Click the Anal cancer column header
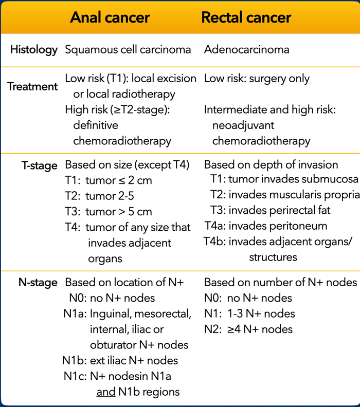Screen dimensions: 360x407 tap(110, 17)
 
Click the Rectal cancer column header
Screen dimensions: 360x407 tap(246, 17)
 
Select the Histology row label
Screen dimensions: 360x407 tap(34, 50)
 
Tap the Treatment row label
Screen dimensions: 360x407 tap(32, 86)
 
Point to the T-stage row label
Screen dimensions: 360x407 tap(40, 165)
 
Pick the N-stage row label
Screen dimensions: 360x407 tap(38, 283)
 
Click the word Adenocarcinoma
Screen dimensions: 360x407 tap(246, 49)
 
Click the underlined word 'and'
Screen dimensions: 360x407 tap(106, 392)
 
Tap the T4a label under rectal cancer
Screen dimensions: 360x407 tap(215, 226)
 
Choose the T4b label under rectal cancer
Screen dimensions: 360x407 tap(215, 242)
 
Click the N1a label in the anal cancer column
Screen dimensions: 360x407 tap(75, 313)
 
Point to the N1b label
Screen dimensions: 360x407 tap(74, 361)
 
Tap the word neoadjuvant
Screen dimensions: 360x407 tap(243, 125)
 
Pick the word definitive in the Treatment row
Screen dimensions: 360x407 tap(96, 125)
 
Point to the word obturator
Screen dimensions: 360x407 tap(113, 345)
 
